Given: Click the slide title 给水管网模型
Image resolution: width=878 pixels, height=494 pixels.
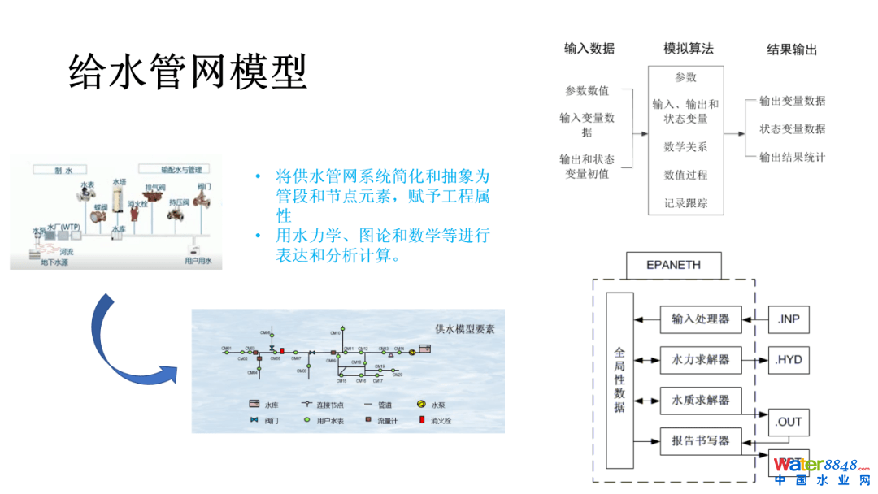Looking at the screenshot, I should click(x=188, y=71).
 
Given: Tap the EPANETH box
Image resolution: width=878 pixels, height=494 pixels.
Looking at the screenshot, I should click(x=673, y=265).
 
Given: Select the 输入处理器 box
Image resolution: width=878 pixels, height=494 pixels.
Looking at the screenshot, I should click(x=700, y=319).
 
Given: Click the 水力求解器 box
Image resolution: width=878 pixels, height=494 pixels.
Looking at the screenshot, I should click(x=700, y=359).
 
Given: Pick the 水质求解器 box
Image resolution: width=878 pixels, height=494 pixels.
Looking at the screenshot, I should click(x=700, y=400).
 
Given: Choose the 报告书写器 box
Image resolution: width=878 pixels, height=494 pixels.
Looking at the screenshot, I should click(x=700, y=441).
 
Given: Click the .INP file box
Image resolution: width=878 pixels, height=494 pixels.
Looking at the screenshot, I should click(x=789, y=319).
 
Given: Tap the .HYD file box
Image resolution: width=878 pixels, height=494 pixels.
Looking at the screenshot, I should click(x=789, y=359).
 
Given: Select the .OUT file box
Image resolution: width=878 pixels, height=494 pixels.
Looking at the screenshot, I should click(x=789, y=422).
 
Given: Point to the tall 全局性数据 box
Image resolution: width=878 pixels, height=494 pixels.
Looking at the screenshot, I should click(x=619, y=379).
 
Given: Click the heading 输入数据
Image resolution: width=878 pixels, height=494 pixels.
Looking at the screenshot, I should click(x=589, y=49).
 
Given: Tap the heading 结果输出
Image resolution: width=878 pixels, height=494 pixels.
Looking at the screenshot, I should click(x=792, y=50).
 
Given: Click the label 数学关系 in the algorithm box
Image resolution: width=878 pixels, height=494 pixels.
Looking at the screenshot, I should click(x=685, y=147).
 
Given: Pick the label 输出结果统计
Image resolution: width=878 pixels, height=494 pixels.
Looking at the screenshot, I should click(x=792, y=157).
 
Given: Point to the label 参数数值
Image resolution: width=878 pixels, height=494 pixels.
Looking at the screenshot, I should click(x=587, y=90).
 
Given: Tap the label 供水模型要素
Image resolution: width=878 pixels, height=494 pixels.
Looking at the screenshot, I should click(x=464, y=329).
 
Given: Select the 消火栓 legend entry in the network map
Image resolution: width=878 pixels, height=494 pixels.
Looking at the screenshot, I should click(x=435, y=420).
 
